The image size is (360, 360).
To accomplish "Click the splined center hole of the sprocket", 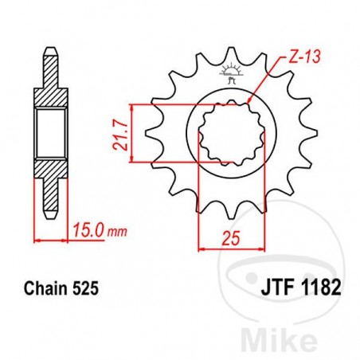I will click(222, 134).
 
